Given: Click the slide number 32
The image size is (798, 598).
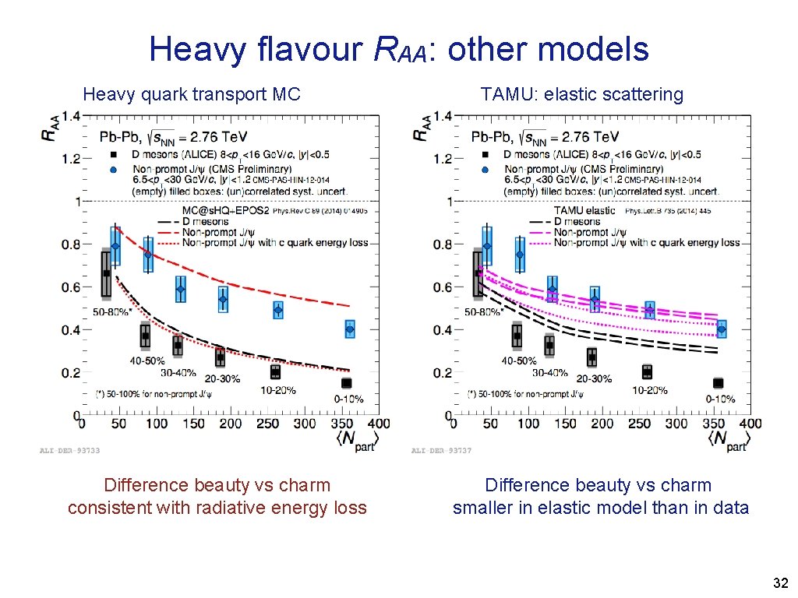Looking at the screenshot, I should click(x=780, y=583).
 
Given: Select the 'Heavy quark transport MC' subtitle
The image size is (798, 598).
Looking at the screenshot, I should click(x=192, y=95).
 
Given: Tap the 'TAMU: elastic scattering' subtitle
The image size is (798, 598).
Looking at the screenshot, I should click(x=582, y=95).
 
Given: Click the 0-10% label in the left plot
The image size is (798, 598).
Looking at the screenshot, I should click(x=349, y=399).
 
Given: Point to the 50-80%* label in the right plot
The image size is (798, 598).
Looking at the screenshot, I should click(x=483, y=311).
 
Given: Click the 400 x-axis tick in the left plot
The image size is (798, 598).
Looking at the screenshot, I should click(x=378, y=424).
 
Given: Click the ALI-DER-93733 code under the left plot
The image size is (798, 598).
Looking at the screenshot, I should click(x=69, y=450).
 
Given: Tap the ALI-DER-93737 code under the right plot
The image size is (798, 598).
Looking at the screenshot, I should click(x=441, y=450).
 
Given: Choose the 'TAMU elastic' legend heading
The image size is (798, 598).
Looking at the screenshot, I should click(x=584, y=210).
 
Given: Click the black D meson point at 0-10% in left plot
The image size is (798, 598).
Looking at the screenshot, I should click(x=347, y=382).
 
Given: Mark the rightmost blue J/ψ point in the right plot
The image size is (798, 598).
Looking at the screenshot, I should click(x=722, y=329).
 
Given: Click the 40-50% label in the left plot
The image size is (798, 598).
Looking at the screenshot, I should click(x=147, y=361).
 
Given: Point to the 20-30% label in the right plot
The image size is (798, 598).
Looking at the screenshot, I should click(x=594, y=379).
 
